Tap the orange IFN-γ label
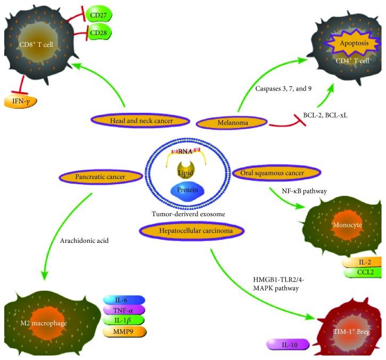20,100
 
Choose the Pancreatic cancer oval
95,175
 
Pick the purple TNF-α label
124,311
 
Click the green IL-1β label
124,321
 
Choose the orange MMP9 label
124,332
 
